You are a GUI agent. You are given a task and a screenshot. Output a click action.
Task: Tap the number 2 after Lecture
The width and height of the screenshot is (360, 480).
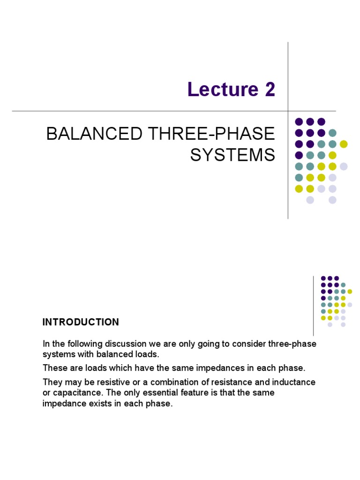click(270, 90)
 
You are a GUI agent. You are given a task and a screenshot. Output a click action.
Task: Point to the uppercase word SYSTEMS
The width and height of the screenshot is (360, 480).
click(232, 155)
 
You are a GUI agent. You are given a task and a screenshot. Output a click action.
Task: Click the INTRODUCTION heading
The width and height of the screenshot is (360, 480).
click(81, 322)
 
